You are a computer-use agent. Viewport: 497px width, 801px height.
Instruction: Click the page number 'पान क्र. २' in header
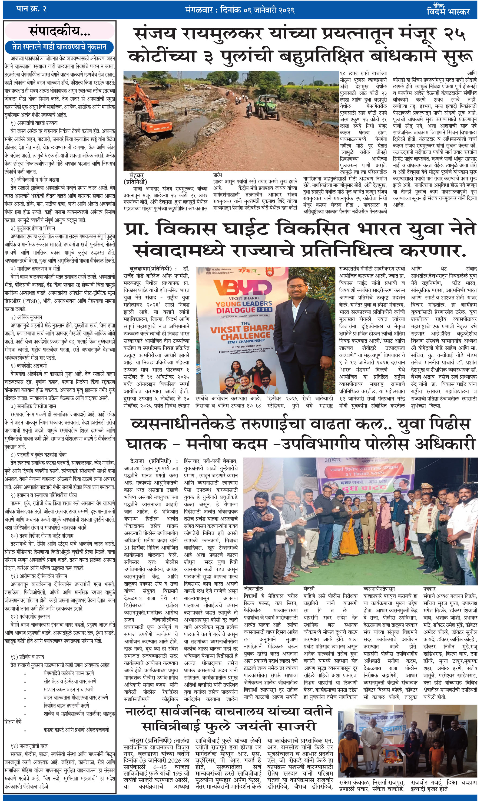[31, 9]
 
